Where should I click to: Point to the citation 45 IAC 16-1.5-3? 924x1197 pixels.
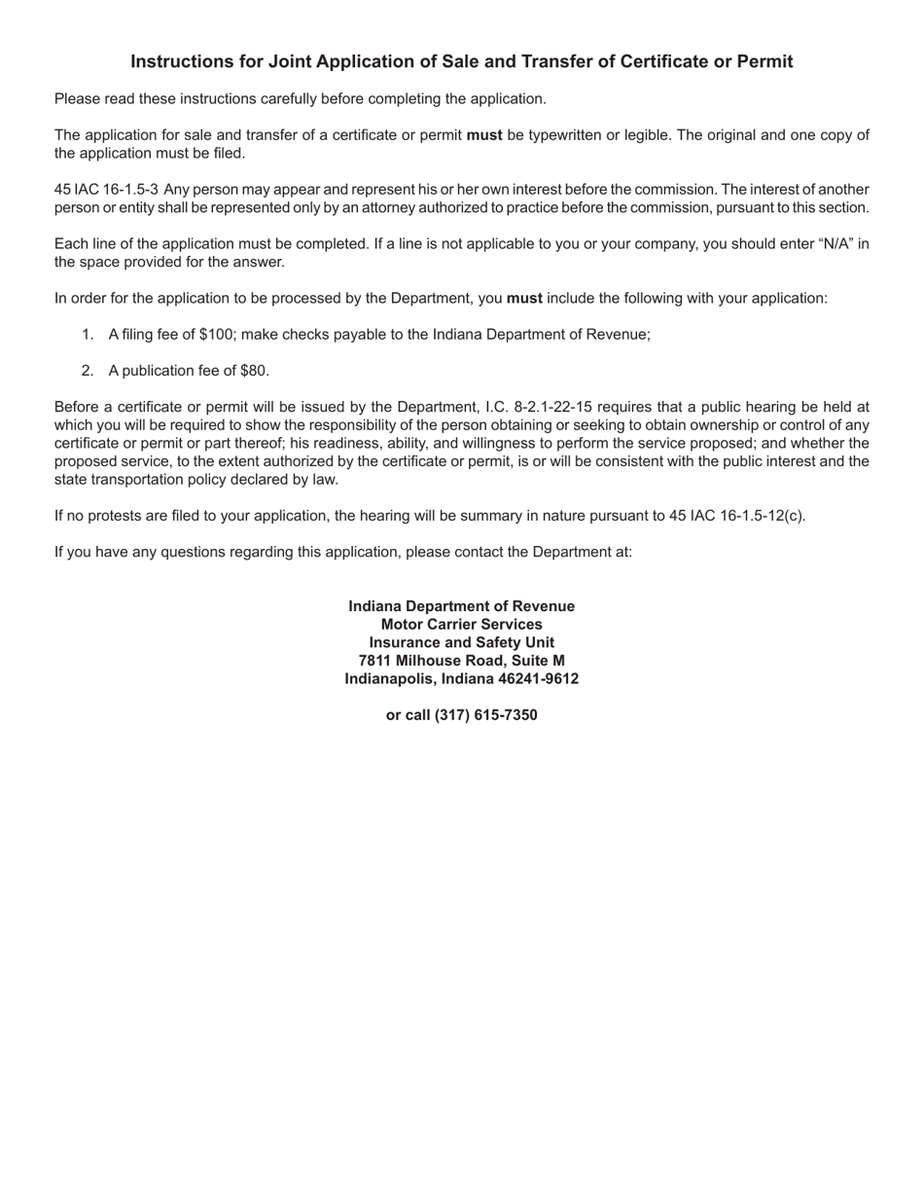pyautogui.click(x=106, y=190)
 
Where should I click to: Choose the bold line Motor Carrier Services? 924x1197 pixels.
pyautogui.click(x=462, y=625)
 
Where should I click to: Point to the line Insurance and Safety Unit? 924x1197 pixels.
pyautogui.click(x=462, y=642)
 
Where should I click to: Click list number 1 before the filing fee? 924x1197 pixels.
pyautogui.click(x=88, y=335)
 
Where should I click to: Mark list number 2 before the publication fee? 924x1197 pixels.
pyautogui.click(x=88, y=371)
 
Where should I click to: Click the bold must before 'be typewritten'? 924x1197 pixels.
pyautogui.click(x=484, y=135)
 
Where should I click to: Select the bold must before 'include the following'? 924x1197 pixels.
pyautogui.click(x=524, y=299)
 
